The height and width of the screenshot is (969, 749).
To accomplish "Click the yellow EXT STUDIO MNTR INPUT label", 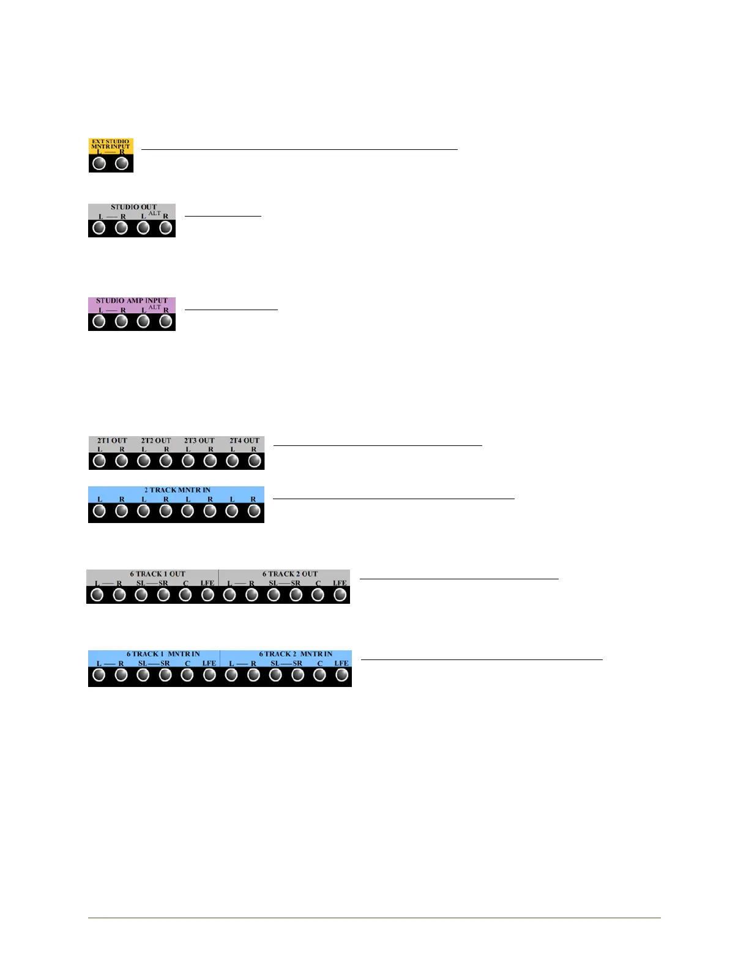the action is (x=111, y=144).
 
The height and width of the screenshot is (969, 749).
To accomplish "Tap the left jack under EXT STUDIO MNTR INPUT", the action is (x=100, y=163).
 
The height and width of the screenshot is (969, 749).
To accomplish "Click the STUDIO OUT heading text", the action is (x=133, y=207).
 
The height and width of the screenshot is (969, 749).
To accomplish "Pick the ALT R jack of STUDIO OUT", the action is (x=165, y=228).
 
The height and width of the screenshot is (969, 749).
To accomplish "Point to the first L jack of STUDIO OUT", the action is (x=99, y=228).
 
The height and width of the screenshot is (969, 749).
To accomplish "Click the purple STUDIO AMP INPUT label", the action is (x=132, y=301).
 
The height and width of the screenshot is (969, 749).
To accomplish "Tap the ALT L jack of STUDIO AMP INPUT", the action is (x=143, y=322).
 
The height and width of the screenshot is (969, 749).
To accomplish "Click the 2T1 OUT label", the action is (x=112, y=440).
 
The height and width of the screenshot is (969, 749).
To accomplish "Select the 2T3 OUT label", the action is (x=199, y=440).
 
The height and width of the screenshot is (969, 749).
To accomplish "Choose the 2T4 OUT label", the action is (x=244, y=440).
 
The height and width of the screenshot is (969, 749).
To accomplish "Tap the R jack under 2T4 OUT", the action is (x=255, y=461).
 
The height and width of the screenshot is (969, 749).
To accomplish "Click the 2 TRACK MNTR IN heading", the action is (x=177, y=490).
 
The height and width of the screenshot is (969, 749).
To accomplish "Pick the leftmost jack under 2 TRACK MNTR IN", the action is (x=99, y=511).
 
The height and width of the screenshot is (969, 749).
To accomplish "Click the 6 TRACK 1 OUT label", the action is (x=157, y=574).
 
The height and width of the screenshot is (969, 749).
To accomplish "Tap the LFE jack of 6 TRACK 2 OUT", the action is (x=340, y=594).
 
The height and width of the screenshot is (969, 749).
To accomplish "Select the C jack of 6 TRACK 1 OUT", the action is (x=185, y=594).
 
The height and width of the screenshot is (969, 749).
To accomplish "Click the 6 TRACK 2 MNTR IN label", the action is (x=296, y=654).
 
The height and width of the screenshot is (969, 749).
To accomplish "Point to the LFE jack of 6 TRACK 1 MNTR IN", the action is (x=209, y=675).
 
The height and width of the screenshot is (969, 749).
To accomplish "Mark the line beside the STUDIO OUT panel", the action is (x=223, y=216).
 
